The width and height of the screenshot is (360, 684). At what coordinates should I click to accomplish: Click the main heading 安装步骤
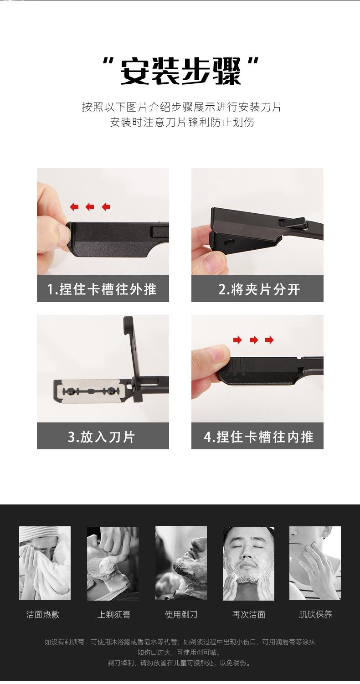pos(180,71)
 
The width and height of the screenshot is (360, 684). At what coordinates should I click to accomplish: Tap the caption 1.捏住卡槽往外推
pos(102,289)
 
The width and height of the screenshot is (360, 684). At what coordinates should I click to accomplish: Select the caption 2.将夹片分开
pos(259,289)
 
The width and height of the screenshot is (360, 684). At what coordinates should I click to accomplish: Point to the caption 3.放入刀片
pos(101,437)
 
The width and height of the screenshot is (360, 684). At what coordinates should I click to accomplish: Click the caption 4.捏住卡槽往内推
pos(259,437)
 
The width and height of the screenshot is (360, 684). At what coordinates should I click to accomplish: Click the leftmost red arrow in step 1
pos(74,207)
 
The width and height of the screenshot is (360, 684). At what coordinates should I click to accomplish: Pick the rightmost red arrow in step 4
pos(269,340)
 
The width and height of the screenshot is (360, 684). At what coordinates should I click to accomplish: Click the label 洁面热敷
pos(43,614)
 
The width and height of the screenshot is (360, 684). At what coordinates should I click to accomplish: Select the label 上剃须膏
pos(113,614)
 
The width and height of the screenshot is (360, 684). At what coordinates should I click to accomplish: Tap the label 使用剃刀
pos(181,614)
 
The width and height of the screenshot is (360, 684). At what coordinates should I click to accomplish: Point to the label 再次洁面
pos(248,614)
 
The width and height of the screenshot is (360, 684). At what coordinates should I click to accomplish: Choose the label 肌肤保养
pos(315,614)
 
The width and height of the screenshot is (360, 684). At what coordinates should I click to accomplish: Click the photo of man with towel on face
pos(45,563)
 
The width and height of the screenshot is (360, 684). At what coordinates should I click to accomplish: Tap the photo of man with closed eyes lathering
pos(248,563)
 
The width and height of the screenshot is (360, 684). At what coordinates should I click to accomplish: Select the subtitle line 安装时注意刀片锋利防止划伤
pos(182,123)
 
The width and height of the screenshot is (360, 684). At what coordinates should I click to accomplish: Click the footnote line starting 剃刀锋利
pos(179,663)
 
